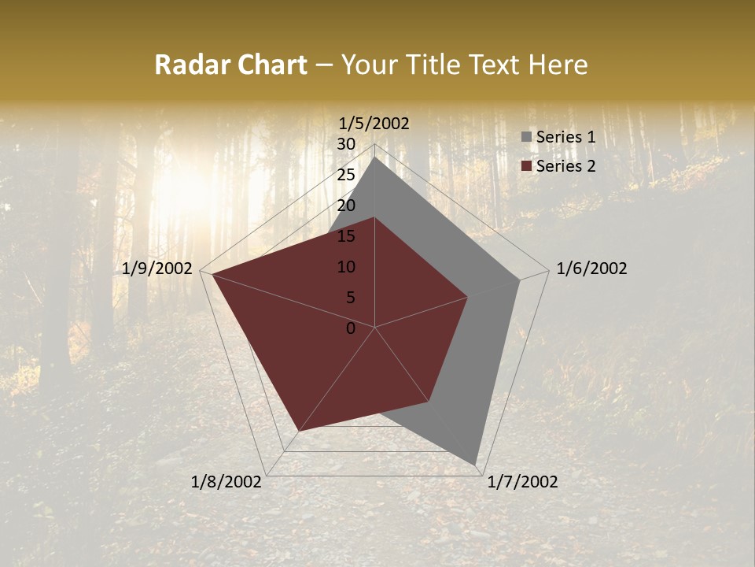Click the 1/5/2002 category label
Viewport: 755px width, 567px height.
[374, 123]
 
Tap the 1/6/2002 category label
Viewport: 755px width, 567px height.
[591, 269]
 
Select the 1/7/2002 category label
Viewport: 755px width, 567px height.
[522, 482]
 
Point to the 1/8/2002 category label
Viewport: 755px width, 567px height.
[226, 482]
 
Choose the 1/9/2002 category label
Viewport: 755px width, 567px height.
[157, 269]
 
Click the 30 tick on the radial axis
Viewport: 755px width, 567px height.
[346, 144]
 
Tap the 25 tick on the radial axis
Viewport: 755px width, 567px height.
[346, 175]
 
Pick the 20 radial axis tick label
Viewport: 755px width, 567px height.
[346, 206]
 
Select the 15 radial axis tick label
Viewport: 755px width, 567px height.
[346, 236]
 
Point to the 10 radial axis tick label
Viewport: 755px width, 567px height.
[346, 267]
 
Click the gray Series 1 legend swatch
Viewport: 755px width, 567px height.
[526, 137]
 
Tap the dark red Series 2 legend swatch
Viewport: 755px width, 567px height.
[526, 166]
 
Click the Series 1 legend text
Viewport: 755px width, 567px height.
[565, 137]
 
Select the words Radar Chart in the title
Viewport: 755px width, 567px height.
[230, 65]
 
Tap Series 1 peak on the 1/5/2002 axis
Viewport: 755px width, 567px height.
[374, 157]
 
